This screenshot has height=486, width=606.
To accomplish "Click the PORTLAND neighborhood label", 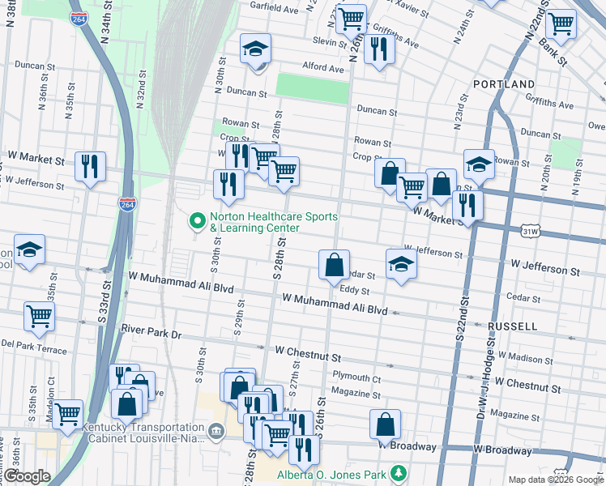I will (510, 84).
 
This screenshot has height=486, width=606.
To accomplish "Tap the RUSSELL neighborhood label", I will (512, 326).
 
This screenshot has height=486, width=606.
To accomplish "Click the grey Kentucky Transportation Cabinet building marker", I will (216, 431).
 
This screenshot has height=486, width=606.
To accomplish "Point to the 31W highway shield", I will (531, 232).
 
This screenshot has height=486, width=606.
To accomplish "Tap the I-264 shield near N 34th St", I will (79, 18).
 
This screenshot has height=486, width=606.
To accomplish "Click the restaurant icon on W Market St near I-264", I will (90, 166).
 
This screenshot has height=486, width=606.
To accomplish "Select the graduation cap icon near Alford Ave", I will (255, 50).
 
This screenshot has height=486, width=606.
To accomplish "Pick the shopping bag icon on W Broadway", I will (386, 424).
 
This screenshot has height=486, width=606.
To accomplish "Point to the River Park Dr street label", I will (151, 330).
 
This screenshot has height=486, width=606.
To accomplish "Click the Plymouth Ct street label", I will (356, 377).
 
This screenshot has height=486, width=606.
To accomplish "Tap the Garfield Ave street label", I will (275, 10).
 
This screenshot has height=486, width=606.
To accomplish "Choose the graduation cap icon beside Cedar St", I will (400, 264).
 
